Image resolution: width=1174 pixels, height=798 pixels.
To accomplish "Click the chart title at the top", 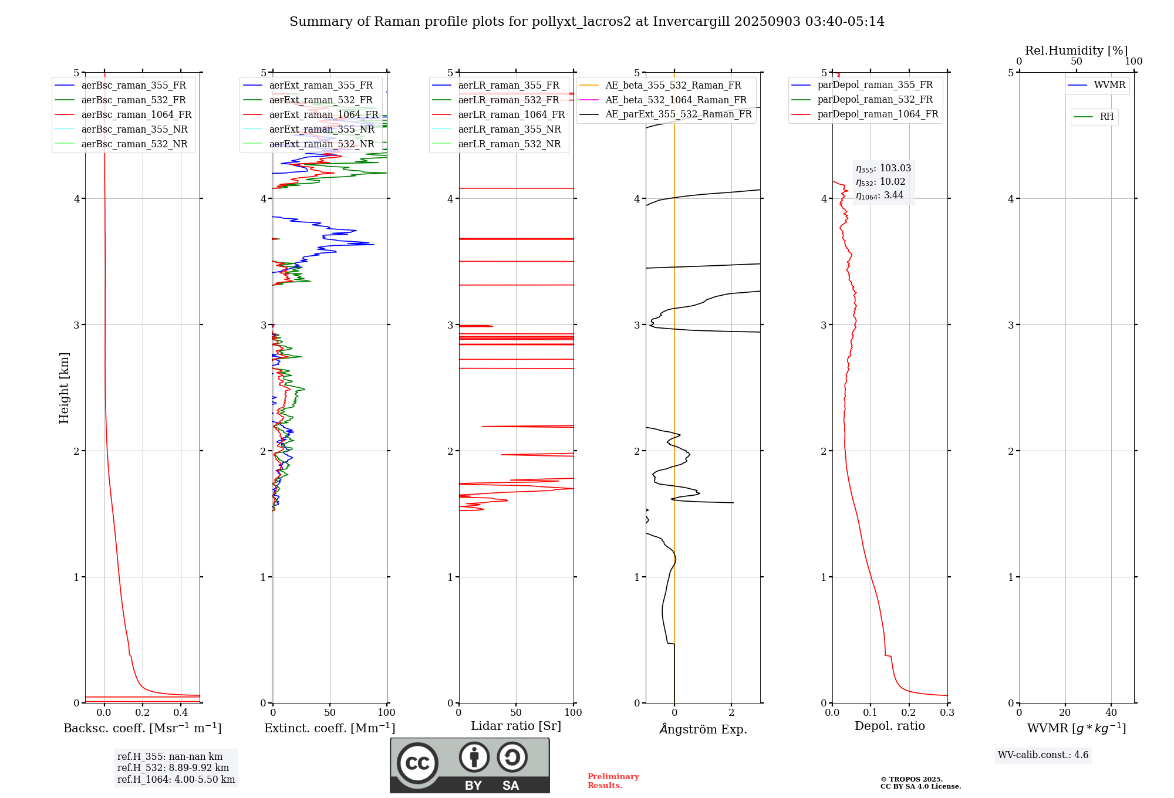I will click(x=586, y=22).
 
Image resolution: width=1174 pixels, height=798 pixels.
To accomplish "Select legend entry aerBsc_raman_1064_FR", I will click(x=136, y=115).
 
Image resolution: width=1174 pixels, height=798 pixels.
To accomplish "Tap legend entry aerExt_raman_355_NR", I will click(x=322, y=130).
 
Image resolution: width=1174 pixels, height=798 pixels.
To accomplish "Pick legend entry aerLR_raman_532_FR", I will click(x=508, y=100).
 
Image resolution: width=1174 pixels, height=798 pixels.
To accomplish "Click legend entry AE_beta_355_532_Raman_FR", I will click(x=673, y=86).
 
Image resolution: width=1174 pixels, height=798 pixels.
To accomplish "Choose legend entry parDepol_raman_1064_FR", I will click(x=878, y=114).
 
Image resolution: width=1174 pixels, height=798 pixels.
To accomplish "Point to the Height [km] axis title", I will click(x=64, y=387).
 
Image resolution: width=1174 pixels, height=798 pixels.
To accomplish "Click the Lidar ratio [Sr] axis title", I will click(x=516, y=726).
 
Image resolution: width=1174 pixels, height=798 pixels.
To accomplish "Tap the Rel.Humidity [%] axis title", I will click(x=1076, y=50).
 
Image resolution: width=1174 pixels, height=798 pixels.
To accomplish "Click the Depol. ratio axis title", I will click(x=889, y=726).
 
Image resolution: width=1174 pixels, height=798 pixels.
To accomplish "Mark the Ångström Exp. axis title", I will click(x=703, y=729).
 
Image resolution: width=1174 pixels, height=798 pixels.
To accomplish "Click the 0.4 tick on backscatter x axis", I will click(x=181, y=713).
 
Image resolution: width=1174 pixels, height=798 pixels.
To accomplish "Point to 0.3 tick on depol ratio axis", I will click(x=947, y=713).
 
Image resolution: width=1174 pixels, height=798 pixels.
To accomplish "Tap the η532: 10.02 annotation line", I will click(x=880, y=182).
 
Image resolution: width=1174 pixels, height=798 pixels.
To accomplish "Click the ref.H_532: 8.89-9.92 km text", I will click(x=173, y=768).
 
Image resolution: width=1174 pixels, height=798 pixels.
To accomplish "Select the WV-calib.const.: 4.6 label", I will click(x=1043, y=755).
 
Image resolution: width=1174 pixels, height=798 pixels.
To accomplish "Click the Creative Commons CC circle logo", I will click(x=417, y=763).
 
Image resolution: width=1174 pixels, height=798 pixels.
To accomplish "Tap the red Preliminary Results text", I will click(x=613, y=781).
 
